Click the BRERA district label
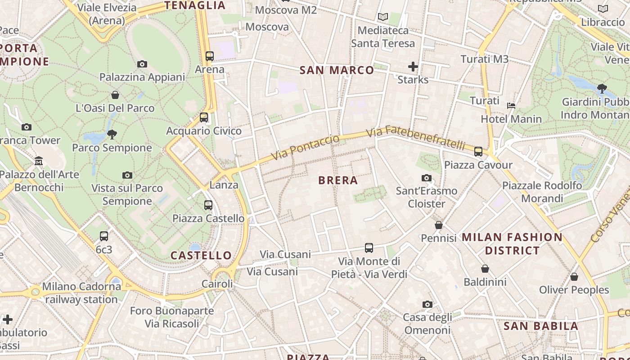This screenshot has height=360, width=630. click(338, 180)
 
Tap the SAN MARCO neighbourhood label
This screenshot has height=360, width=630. click(337, 70)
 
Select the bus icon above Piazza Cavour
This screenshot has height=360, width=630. click(478, 152)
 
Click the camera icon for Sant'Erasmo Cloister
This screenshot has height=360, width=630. click(427, 178)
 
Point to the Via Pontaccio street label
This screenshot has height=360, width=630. click(306, 148)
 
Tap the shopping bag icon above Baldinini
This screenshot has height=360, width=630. click(485, 269)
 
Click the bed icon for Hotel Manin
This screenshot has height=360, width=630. click(511, 106)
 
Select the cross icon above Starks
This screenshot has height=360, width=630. click(413, 67)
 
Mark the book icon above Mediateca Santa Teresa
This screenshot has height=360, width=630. click(383, 17)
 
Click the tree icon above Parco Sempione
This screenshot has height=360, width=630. click(112, 134)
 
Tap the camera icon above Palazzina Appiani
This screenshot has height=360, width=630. click(142, 64)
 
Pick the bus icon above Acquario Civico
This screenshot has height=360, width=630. click(204, 117)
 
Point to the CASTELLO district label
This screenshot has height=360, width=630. click(201, 256)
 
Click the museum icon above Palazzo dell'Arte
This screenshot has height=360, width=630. click(39, 161)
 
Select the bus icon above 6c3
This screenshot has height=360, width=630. click(104, 236)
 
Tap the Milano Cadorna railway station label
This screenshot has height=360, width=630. click(81, 292)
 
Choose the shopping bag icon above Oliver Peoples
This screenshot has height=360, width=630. click(574, 277)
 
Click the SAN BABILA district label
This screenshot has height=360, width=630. click(540, 326)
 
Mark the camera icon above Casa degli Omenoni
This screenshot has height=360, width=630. click(427, 305)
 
